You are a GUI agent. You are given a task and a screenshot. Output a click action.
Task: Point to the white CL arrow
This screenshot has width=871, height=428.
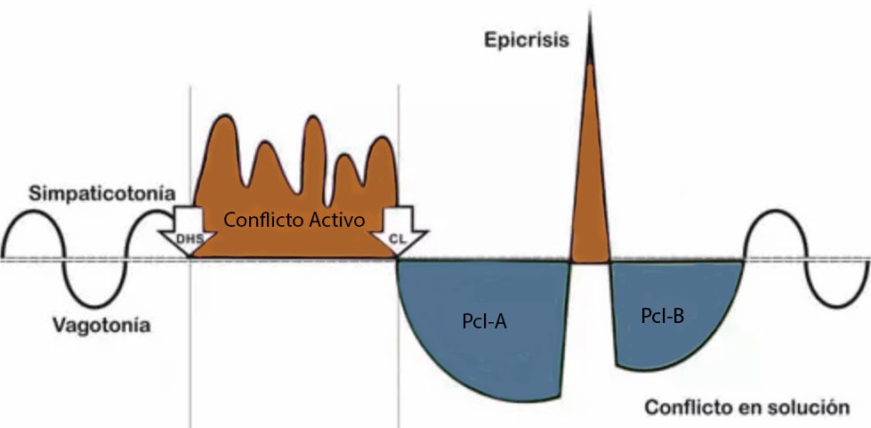click(x=407, y=230)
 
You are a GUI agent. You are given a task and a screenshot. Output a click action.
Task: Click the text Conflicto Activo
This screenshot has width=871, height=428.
click(x=294, y=219)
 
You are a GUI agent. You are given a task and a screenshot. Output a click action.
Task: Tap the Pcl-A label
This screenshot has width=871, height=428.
click(x=484, y=322)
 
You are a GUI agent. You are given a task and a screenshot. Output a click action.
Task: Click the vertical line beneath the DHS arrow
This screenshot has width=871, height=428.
click(x=190, y=356)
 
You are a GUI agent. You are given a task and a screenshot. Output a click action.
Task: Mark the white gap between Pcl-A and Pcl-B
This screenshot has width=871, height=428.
click(x=588, y=311)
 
